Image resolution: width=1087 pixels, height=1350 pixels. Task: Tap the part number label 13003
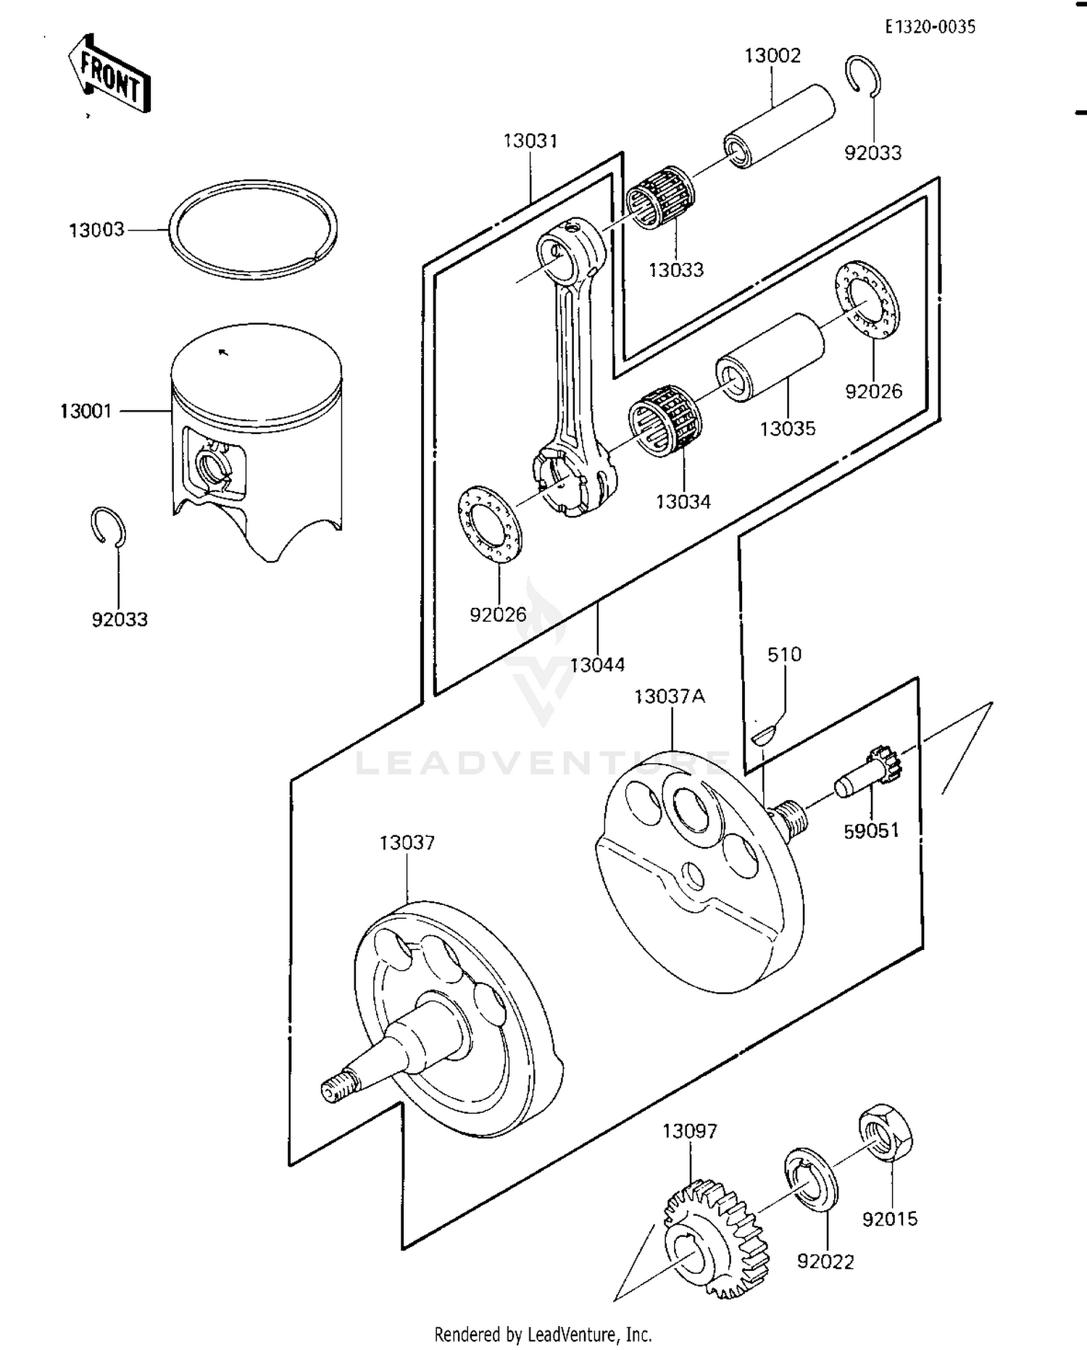pyautogui.click(x=96, y=230)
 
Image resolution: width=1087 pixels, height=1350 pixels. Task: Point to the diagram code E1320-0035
pyautogui.click(x=930, y=27)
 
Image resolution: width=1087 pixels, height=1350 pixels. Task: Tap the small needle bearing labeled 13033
pyautogui.click(x=660, y=197)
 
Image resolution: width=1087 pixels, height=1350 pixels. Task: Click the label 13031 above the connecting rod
pyautogui.click(x=530, y=141)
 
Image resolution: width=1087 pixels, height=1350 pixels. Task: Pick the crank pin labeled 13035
pyautogui.click(x=770, y=357)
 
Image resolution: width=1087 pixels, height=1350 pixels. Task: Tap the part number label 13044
pyautogui.click(x=597, y=664)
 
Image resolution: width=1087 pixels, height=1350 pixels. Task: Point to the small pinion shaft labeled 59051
pyautogui.click(x=866, y=774)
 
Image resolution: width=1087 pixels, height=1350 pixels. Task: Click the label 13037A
pyautogui.click(x=669, y=696)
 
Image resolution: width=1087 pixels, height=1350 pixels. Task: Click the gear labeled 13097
pyautogui.click(x=716, y=1240)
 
